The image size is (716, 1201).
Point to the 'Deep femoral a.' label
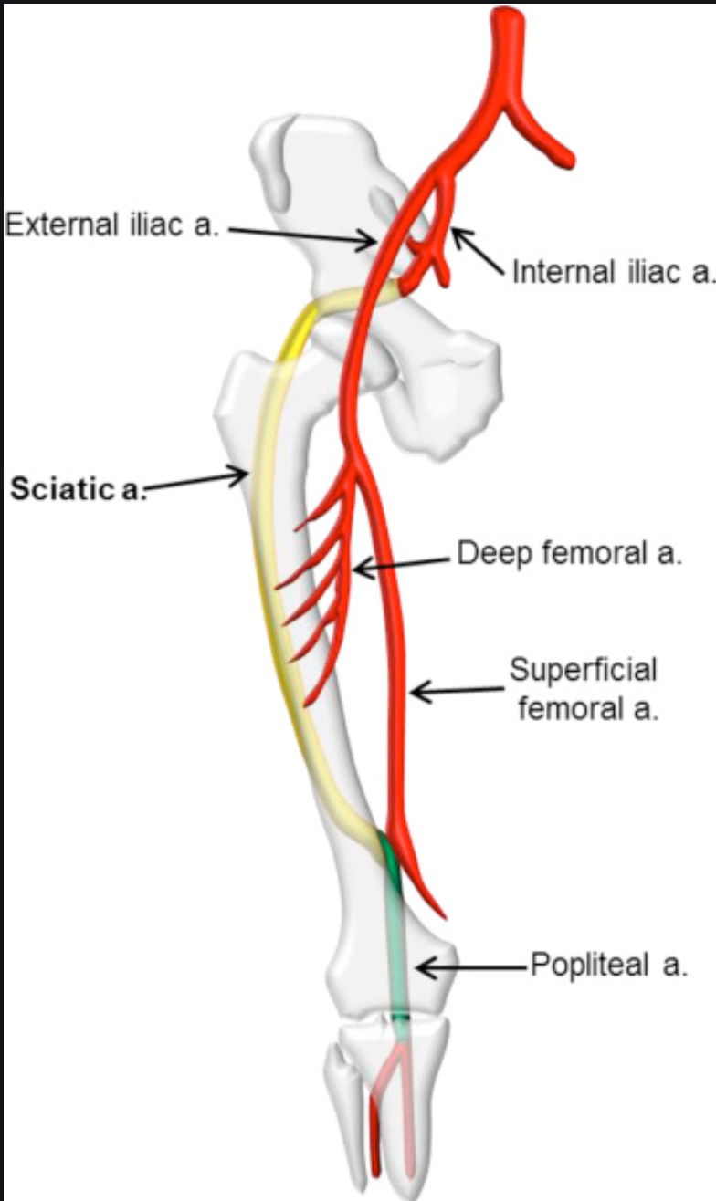pos(569,554)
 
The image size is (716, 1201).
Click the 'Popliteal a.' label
pos(607,966)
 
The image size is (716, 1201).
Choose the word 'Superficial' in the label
pos(583,669)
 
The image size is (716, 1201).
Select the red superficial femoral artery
pos(391,639)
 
